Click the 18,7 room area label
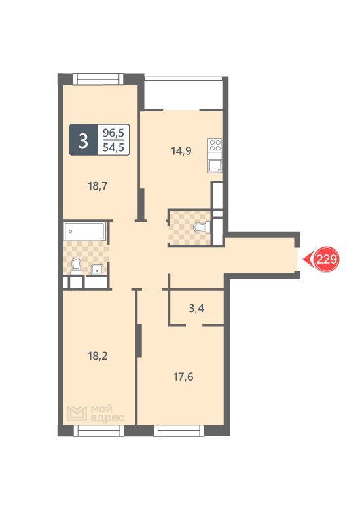[98, 186]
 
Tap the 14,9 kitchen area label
[181, 150]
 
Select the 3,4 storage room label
[196, 308]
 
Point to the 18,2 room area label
[98, 356]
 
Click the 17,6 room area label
[183, 377]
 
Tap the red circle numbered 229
[327, 259]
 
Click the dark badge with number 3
[83, 140]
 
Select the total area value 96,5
[113, 133]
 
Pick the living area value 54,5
[113, 147]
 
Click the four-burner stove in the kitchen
[215, 145]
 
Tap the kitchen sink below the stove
[215, 166]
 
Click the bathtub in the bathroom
[84, 231]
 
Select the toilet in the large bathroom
[77, 266]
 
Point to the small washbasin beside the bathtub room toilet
[97, 270]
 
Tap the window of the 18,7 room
[98, 79]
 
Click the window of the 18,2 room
[99, 430]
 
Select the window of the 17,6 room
[179, 430]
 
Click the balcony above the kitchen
[183, 94]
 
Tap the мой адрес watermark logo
[96, 414]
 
